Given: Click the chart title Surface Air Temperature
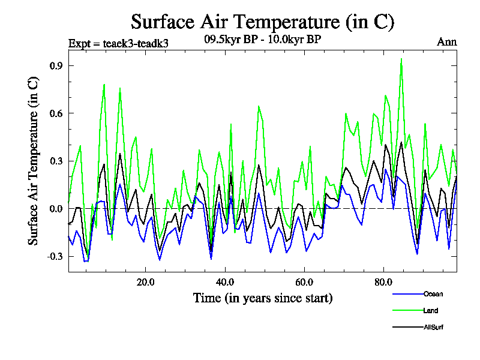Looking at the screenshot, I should pos(262,22).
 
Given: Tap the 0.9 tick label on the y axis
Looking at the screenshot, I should pos(58,65).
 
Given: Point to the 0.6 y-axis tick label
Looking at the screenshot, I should pos(58,113).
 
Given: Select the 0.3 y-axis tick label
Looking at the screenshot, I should pos(58,161).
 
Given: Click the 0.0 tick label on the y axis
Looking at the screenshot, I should pos(58,209).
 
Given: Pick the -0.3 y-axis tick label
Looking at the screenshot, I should pos(56,256).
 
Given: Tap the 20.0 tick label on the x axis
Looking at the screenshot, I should pos(145,282).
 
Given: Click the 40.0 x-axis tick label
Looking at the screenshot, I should pos(224,282).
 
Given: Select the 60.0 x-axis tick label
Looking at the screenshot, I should pos(304,282).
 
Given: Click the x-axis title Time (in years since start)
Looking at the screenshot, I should pos(263,298).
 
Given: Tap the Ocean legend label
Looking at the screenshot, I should pos(433,294).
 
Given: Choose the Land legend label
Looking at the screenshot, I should pos(431,310).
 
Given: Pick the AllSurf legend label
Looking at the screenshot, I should pos(433,327).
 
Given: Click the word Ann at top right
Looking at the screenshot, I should pos(446,42).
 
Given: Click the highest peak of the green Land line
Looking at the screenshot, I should pos(401,59).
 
